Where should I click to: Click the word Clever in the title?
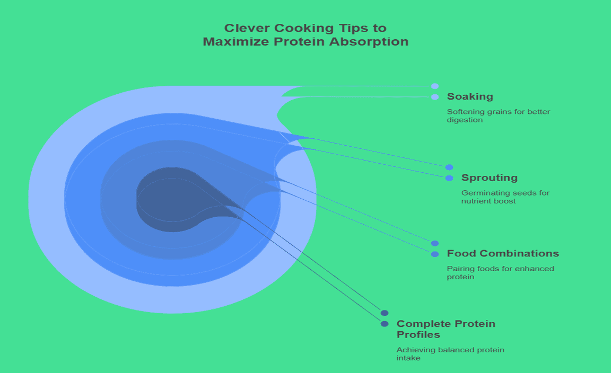click(x=243, y=28)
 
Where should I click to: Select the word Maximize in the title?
click(x=228, y=41)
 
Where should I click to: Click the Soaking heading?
click(x=470, y=96)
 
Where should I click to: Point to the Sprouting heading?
click(x=489, y=177)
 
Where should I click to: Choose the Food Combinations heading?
click(x=503, y=253)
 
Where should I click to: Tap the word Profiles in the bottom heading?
click(x=418, y=335)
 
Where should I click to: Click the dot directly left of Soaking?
click(x=435, y=97)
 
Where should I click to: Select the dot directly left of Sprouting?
click(x=449, y=178)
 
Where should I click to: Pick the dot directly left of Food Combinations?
click(x=435, y=254)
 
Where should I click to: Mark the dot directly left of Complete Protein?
click(x=385, y=324)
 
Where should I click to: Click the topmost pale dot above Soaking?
click(x=435, y=86)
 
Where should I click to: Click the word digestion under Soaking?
click(x=465, y=120)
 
